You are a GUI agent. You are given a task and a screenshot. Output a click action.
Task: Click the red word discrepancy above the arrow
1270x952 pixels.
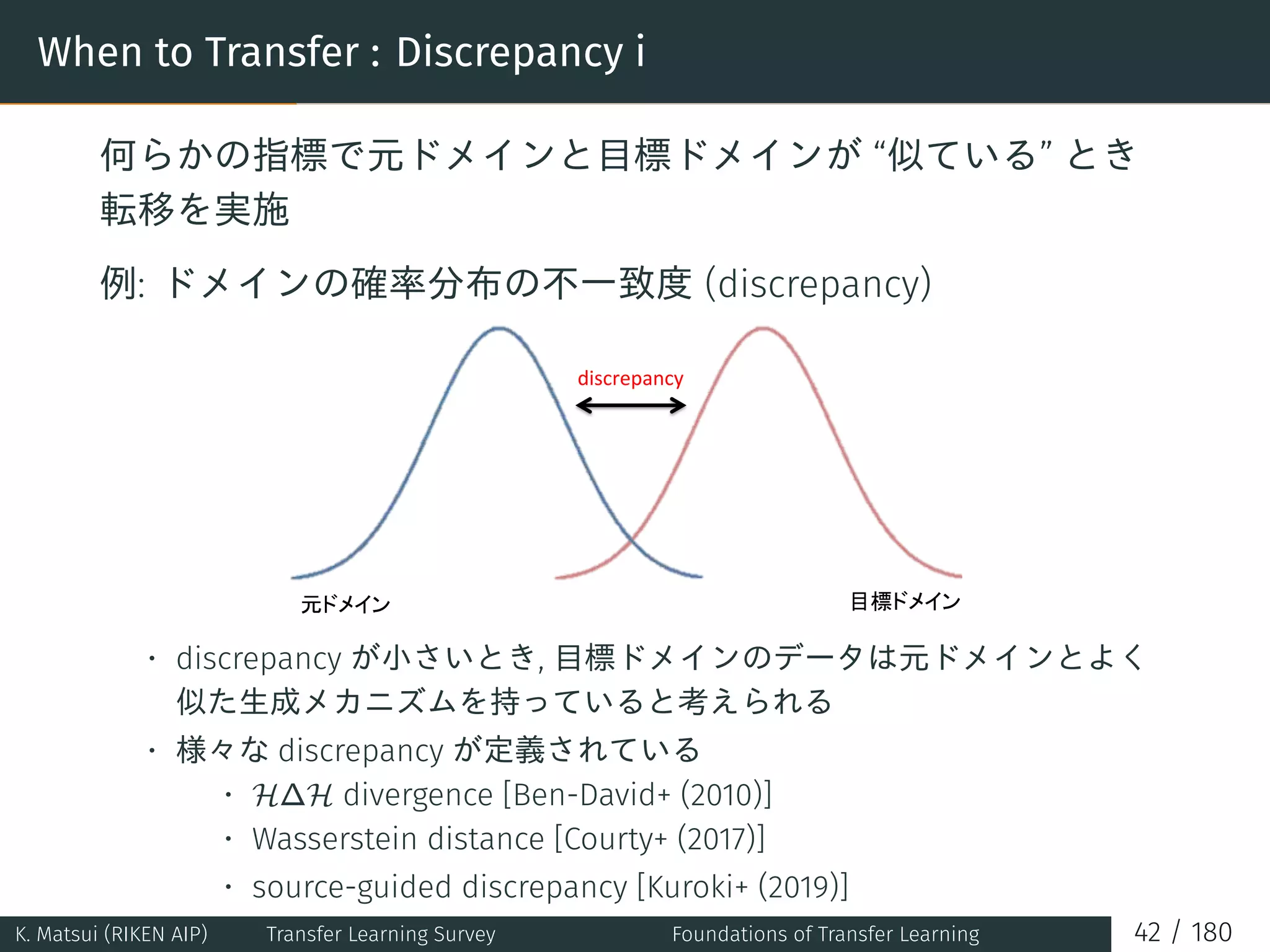click(630, 379)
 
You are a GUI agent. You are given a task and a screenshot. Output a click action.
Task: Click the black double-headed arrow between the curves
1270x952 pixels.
click(631, 406)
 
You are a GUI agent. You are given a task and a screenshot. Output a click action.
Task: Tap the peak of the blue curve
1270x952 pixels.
click(499, 328)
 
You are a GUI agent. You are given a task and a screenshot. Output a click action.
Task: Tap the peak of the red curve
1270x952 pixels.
click(763, 328)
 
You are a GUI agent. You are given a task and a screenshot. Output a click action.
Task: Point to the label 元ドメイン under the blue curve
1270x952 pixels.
click(345, 604)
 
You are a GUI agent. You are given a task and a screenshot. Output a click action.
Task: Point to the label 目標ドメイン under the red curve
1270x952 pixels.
click(905, 601)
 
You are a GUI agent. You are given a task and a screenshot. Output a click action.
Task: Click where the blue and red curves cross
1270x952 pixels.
click(631, 542)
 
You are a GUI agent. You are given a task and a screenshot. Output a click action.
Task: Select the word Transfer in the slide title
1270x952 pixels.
click(282, 52)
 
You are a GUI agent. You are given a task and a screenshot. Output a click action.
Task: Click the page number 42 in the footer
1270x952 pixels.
click(1147, 933)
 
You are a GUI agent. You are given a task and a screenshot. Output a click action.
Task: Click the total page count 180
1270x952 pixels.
click(1211, 933)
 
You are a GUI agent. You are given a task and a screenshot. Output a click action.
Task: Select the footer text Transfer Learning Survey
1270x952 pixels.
click(381, 934)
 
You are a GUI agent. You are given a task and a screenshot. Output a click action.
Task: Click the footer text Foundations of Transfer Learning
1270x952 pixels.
click(825, 934)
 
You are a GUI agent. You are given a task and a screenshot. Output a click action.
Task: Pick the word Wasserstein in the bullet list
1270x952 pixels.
click(334, 839)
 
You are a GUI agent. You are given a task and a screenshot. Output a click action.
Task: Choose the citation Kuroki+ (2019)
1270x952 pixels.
click(742, 887)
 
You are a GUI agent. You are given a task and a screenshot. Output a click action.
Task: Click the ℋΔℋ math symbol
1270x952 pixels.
click(293, 795)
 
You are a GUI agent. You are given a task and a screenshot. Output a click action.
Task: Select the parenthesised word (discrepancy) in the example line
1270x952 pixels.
click(818, 284)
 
